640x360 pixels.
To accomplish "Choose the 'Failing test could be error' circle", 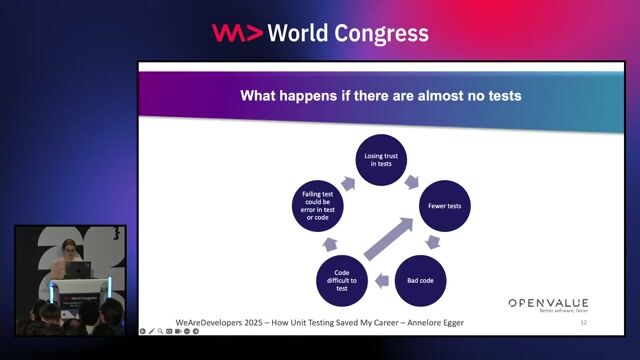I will click(318, 207).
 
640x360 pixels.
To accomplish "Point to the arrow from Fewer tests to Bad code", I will click(432, 243).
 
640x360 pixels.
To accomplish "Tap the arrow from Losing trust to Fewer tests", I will click(411, 181).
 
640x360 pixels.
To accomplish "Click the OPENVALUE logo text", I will click(548, 302).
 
